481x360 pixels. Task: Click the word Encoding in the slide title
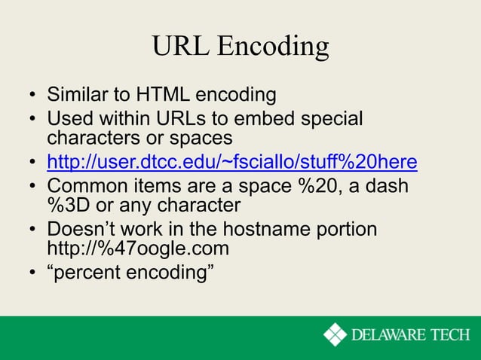click(x=273, y=47)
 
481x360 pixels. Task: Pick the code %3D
click(x=69, y=205)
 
